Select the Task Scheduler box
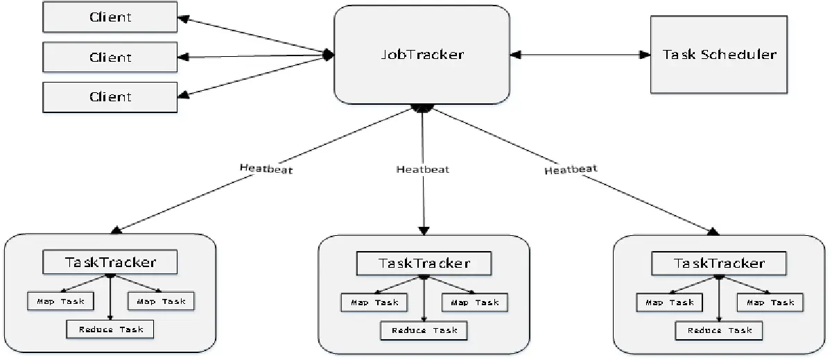(x=719, y=54)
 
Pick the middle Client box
(x=110, y=58)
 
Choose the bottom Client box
(x=110, y=96)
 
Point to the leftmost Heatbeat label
(x=266, y=169)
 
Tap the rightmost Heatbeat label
(x=571, y=169)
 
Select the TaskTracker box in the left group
(x=110, y=262)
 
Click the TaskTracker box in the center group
(x=424, y=263)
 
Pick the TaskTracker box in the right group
(x=719, y=263)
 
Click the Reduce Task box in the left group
(x=110, y=329)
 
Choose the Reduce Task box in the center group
(x=424, y=330)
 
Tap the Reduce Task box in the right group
(x=719, y=330)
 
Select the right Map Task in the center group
(x=475, y=302)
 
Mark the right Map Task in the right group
(x=770, y=302)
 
